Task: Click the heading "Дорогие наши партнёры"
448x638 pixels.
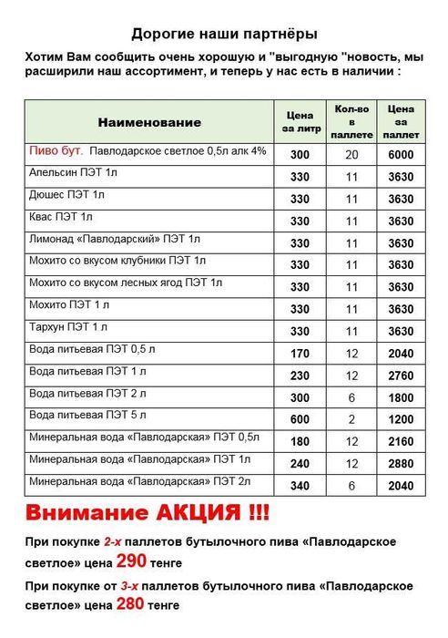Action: pyautogui.click(x=224, y=35)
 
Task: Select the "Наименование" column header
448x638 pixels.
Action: pyautogui.click(x=148, y=122)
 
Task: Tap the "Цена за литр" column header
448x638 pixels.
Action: pyautogui.click(x=300, y=122)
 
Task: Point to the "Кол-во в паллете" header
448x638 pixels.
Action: pyautogui.click(x=351, y=122)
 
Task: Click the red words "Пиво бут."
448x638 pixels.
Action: pyautogui.click(x=56, y=150)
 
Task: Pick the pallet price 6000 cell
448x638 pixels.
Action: pyautogui.click(x=401, y=155)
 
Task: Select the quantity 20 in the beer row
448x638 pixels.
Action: pyautogui.click(x=351, y=155)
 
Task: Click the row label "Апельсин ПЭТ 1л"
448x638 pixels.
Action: pyautogui.click(x=74, y=172)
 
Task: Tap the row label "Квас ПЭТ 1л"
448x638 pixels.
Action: pyautogui.click(x=62, y=217)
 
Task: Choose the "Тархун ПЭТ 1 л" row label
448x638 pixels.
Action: pyautogui.click(x=69, y=326)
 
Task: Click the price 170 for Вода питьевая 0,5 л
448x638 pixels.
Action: pyautogui.click(x=300, y=353)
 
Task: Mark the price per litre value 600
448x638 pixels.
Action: pyautogui.click(x=300, y=418)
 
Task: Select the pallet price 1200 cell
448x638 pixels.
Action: pyautogui.click(x=401, y=418)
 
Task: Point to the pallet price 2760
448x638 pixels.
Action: pyautogui.click(x=401, y=375)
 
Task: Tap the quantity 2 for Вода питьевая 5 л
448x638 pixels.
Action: pyautogui.click(x=351, y=418)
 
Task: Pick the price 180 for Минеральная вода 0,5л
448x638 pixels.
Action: pyautogui.click(x=300, y=440)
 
